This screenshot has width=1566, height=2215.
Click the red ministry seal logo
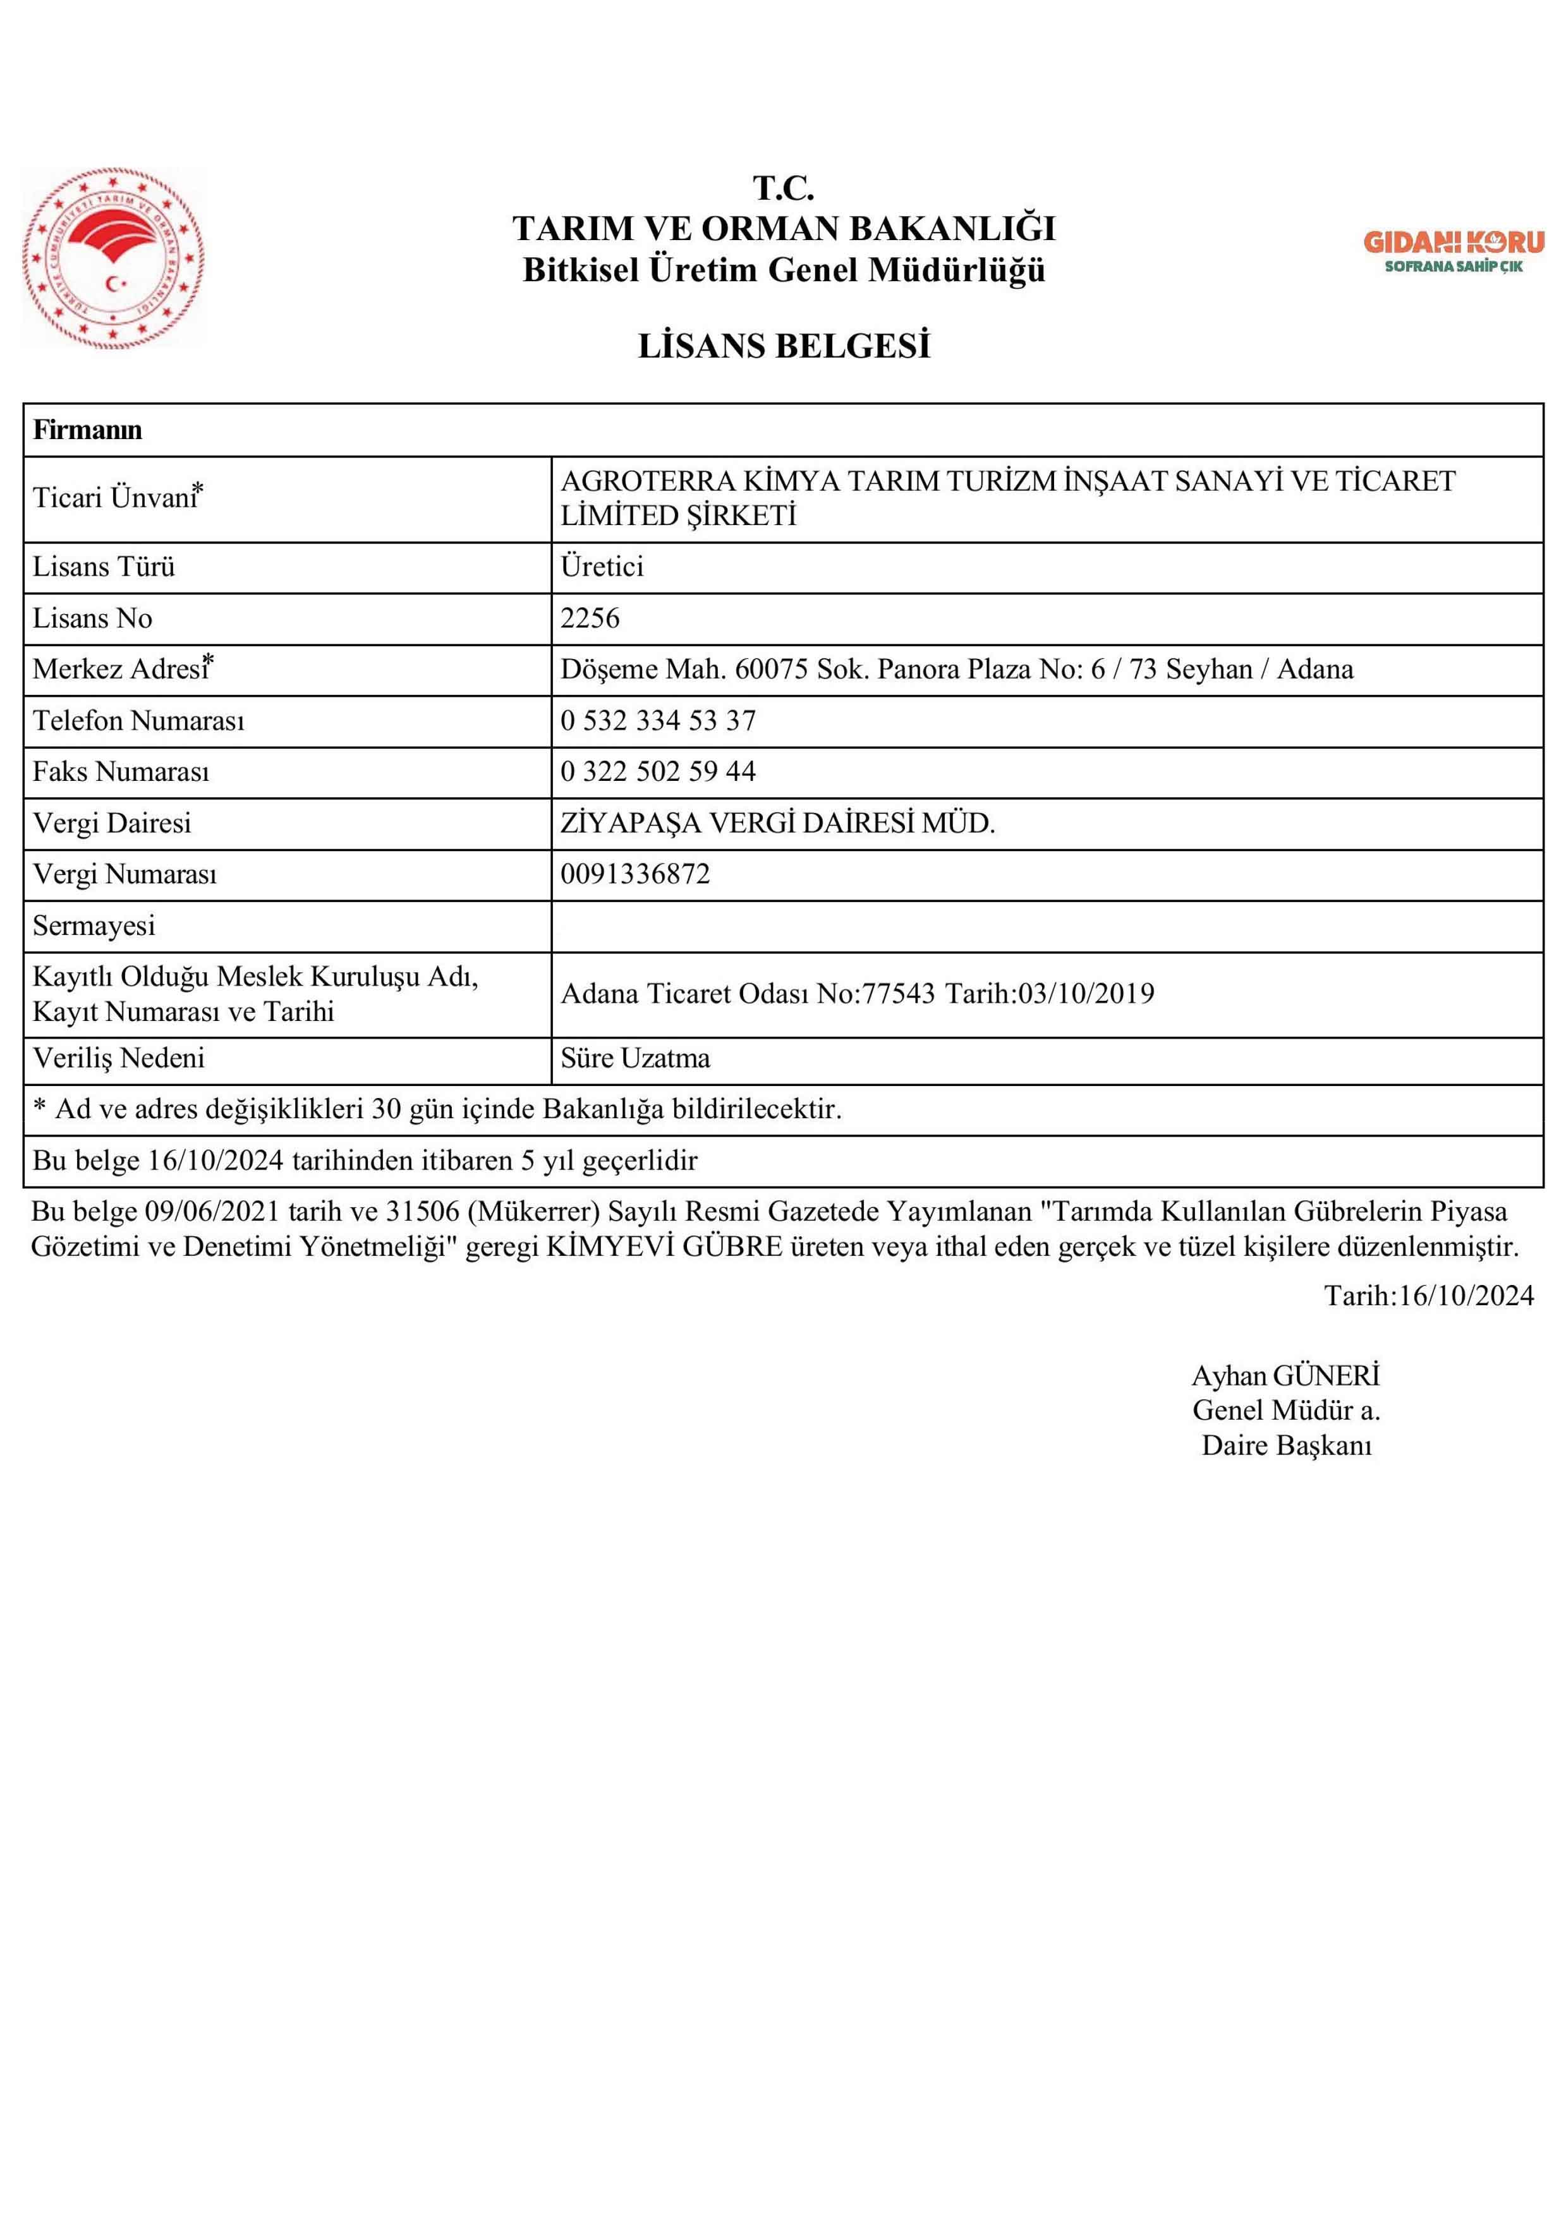point(114,258)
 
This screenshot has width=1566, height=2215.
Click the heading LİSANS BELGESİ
point(784,346)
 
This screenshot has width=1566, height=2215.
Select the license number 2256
point(590,619)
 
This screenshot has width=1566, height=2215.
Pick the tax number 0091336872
point(635,874)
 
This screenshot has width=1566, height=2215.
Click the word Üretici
point(602,566)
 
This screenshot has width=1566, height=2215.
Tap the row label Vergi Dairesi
point(112,823)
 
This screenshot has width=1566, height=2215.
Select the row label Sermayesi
point(94,926)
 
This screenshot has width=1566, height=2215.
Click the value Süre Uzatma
point(635,1058)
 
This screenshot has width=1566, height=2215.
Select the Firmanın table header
point(88,430)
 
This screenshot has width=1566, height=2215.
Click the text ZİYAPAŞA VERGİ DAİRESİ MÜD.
point(778,823)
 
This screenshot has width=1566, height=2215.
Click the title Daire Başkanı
point(1286,1445)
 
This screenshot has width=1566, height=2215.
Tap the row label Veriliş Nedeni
point(119,1058)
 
